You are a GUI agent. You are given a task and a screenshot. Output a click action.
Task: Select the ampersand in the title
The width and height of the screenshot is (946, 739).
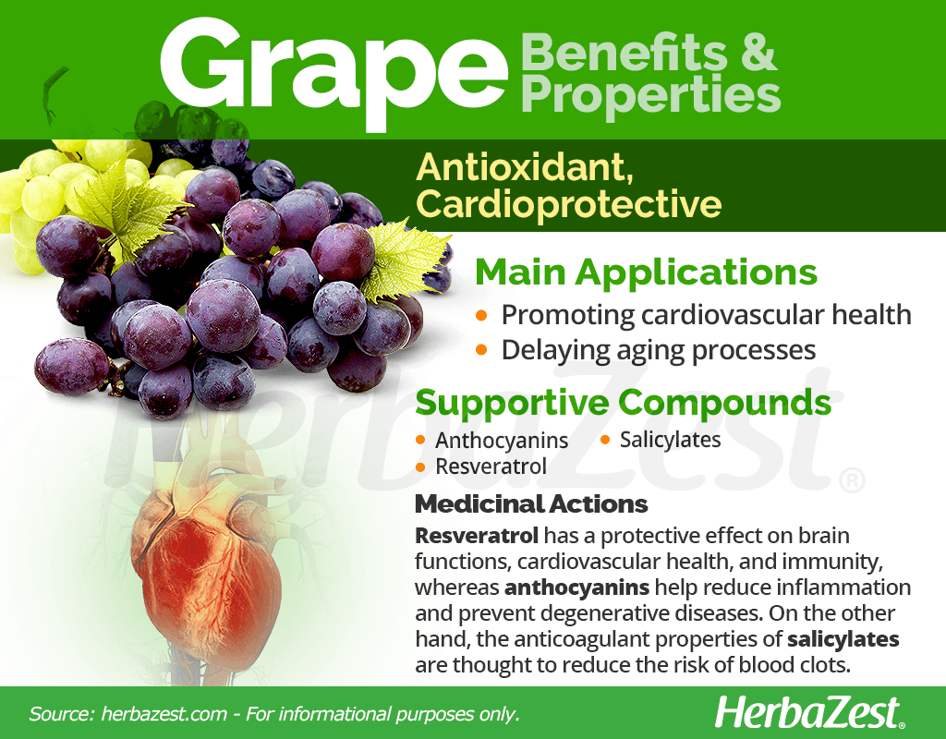(x=758, y=52)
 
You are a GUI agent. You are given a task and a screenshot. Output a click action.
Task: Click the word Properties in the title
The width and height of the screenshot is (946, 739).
(x=650, y=95)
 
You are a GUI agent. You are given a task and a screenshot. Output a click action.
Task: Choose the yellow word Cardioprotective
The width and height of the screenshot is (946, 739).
(x=568, y=204)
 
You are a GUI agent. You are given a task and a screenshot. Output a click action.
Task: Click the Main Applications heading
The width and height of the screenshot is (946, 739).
(x=646, y=273)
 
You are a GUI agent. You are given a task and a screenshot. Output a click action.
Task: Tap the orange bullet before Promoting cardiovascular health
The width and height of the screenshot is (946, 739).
(x=481, y=315)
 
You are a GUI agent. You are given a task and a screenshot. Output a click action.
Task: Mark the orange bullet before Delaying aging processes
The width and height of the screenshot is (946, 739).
(x=481, y=350)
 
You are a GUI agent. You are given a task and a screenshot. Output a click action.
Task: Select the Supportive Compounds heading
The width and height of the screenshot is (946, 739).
(x=624, y=403)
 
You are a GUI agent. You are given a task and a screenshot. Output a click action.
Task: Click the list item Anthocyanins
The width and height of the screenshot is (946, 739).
(x=502, y=441)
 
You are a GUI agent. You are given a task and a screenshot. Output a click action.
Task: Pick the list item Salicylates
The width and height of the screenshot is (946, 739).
(x=671, y=440)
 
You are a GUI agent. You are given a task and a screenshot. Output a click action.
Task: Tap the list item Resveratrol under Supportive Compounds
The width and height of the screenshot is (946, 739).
(x=491, y=466)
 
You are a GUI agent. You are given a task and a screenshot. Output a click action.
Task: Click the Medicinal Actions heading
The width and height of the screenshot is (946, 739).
(x=531, y=503)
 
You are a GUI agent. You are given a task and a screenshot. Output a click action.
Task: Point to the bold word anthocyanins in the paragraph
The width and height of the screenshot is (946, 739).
(x=576, y=587)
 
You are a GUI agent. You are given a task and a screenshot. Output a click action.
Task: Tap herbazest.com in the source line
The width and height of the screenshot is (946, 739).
(x=164, y=714)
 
